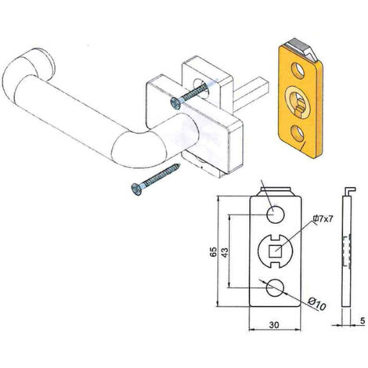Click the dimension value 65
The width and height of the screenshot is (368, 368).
(x=214, y=251)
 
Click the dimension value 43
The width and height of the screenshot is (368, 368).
(x=225, y=252)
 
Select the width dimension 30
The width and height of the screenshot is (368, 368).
(x=274, y=325)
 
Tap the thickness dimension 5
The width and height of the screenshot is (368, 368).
(x=363, y=321)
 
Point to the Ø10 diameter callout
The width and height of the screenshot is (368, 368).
(x=316, y=304)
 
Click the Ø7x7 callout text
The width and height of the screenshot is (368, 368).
(x=323, y=218)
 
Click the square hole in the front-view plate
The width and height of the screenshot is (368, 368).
(x=276, y=251)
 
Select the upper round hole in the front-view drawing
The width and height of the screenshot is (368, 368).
(x=275, y=215)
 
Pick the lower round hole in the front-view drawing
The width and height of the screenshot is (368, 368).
(x=275, y=287)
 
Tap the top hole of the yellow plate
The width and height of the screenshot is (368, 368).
(x=298, y=70)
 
